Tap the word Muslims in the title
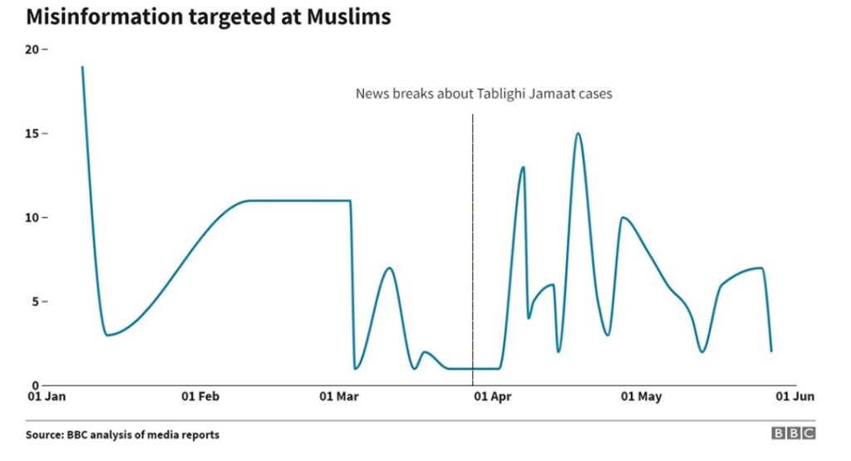tap(348, 17)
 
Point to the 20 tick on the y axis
tap(33, 49)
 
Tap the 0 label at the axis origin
tap(37, 385)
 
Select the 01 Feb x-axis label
tap(199, 397)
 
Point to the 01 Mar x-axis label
tap(339, 397)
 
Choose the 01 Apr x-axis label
tap(492, 397)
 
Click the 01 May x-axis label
tap(642, 397)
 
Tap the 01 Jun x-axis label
tap(794, 397)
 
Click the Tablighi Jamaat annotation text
tap(484, 94)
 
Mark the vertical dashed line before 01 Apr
tap(473, 249)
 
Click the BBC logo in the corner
tap(793, 434)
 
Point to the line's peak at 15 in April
tap(578, 134)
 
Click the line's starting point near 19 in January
tap(81, 67)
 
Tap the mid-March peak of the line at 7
tap(389, 268)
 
